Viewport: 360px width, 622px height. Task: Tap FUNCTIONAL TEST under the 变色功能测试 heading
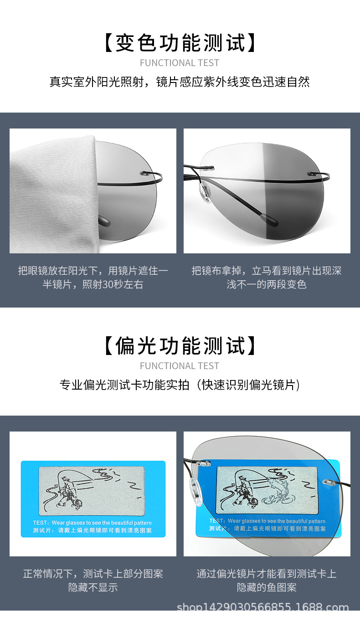180,63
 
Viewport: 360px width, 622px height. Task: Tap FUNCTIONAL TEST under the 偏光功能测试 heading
180,366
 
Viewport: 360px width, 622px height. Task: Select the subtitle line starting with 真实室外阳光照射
180,82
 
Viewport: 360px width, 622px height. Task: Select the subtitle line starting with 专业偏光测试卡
180,385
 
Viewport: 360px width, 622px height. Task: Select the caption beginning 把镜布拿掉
267,278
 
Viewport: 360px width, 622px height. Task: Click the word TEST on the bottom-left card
40,523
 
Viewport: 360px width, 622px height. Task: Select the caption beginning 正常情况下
93,580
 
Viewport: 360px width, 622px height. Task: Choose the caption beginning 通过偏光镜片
267,580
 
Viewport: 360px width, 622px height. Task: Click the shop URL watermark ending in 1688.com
262,608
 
